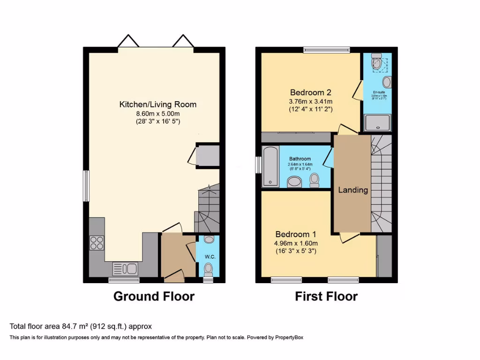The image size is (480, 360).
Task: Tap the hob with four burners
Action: (x=97, y=243)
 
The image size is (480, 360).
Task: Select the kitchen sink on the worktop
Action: (x=125, y=269)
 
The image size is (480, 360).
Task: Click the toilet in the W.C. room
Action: (x=208, y=269)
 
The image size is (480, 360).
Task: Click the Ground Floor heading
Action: (x=154, y=296)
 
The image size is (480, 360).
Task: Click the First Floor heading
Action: (x=326, y=296)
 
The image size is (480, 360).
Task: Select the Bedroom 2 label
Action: (x=311, y=92)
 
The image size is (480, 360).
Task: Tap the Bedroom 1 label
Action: (x=296, y=234)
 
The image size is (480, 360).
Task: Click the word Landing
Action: (x=353, y=190)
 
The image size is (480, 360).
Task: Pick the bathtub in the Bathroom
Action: (x=270, y=166)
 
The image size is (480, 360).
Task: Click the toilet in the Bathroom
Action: (x=314, y=179)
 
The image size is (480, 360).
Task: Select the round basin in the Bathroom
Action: (x=295, y=182)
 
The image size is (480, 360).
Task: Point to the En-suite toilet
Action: (x=376, y=62)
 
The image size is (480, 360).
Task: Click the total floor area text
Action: (x=81, y=326)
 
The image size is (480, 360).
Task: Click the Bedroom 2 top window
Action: (x=326, y=49)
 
